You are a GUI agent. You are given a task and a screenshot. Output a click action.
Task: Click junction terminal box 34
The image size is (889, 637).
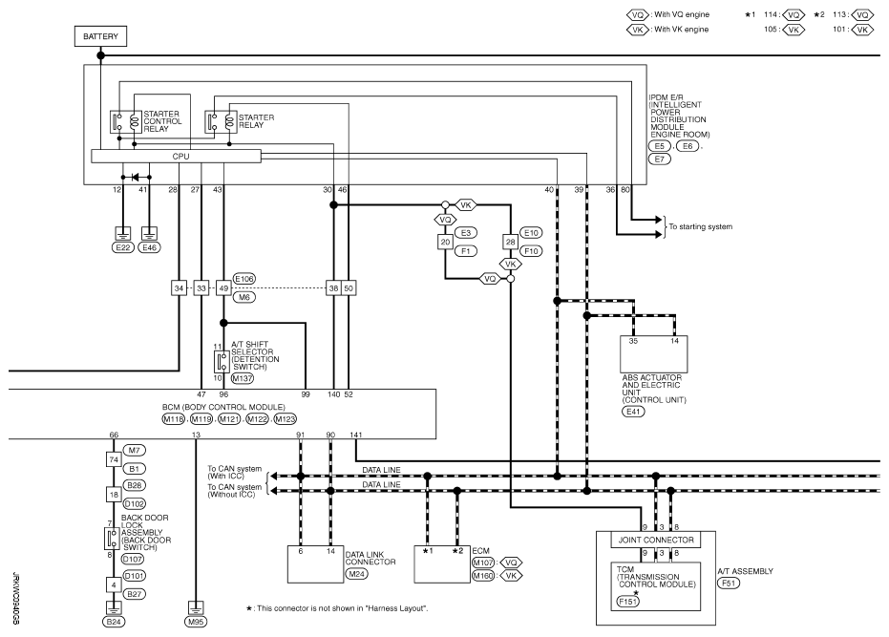click(180, 287)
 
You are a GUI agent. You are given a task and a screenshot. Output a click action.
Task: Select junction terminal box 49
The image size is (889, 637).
click(223, 287)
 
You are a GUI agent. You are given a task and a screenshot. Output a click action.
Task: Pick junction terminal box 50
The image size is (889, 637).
click(349, 287)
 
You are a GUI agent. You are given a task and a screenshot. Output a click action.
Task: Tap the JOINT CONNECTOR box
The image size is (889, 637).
click(658, 539)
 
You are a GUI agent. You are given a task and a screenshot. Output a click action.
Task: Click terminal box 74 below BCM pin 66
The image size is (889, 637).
click(113, 458)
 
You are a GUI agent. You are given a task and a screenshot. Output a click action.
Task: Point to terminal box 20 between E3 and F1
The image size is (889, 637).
click(445, 242)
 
